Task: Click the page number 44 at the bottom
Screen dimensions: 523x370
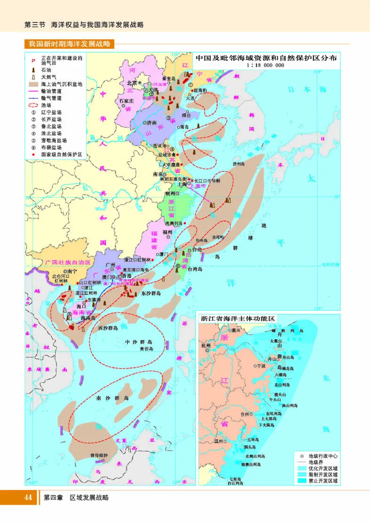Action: coord(28,498)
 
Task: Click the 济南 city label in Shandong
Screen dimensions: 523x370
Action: coord(151,123)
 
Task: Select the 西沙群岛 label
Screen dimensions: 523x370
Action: coord(108,327)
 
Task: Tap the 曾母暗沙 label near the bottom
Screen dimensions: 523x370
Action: coord(99,455)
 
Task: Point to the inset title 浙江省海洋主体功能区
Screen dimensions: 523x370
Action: coord(238,319)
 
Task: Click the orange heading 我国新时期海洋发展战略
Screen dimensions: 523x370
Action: coord(69,44)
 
